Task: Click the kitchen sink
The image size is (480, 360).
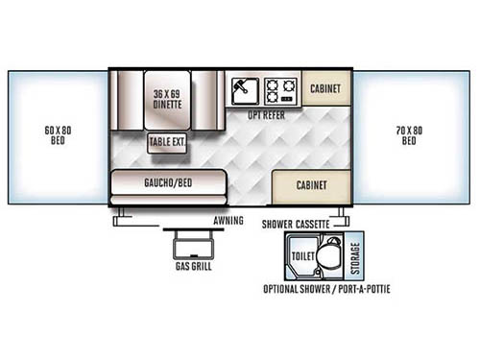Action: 243,91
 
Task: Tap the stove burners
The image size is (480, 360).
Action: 281,91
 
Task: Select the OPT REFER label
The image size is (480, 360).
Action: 266,114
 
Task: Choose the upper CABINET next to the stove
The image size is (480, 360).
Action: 327,88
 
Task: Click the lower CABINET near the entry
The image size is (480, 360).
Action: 313,184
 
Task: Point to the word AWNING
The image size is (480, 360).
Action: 228,220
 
